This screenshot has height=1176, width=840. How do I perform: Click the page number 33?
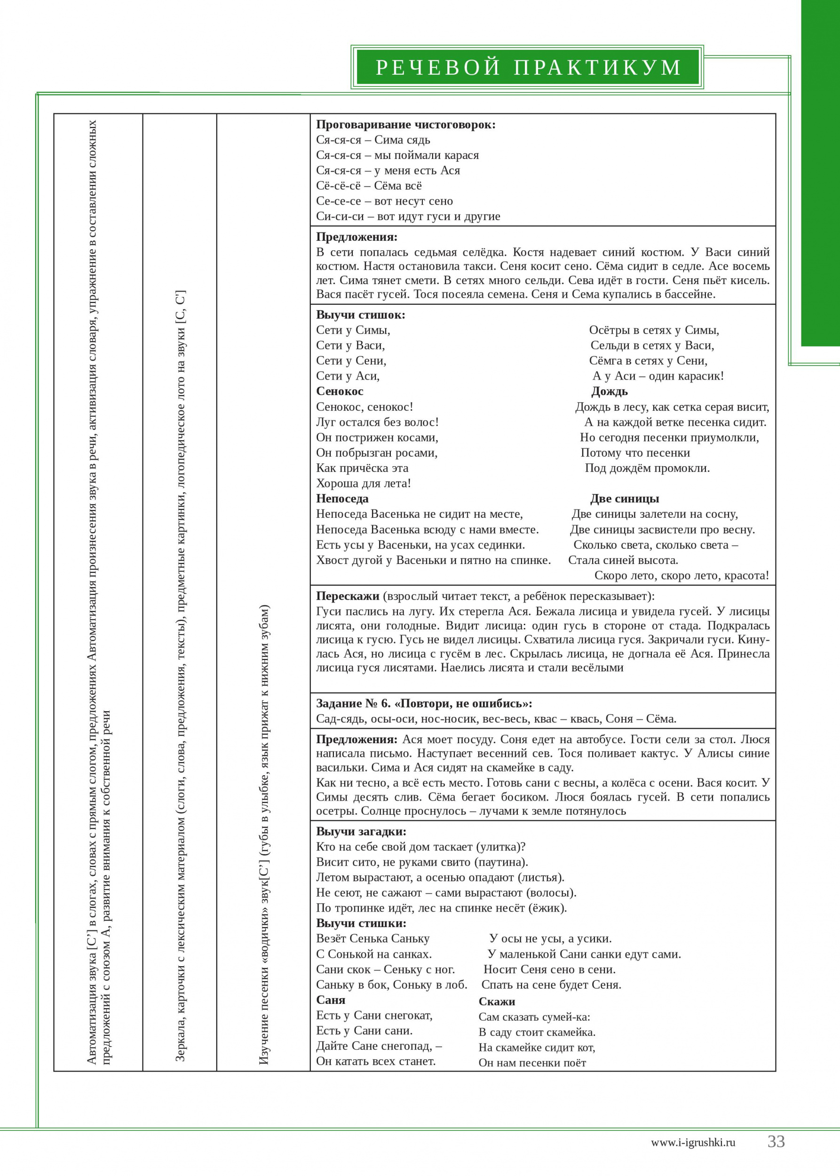point(776,1141)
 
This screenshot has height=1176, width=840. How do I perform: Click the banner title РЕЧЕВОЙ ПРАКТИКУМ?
point(528,68)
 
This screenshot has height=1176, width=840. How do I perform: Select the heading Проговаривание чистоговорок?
point(405,125)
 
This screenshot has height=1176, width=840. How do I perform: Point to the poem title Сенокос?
point(340,392)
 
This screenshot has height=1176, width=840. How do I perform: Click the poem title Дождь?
point(610,392)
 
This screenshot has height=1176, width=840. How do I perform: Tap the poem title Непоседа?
point(342,499)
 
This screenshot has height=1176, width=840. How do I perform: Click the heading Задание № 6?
point(424,704)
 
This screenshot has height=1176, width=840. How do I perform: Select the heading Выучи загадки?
point(361,832)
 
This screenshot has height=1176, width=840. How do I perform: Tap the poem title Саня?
point(331,1000)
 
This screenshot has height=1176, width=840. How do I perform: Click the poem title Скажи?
point(497,1001)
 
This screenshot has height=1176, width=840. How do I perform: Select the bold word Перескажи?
point(348,596)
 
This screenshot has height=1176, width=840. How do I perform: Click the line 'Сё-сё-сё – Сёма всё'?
point(369,186)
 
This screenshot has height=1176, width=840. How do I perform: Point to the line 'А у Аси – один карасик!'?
point(658,376)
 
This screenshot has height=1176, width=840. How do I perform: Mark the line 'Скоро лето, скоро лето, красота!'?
point(681,576)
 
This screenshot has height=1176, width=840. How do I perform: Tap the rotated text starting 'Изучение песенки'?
point(264,834)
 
